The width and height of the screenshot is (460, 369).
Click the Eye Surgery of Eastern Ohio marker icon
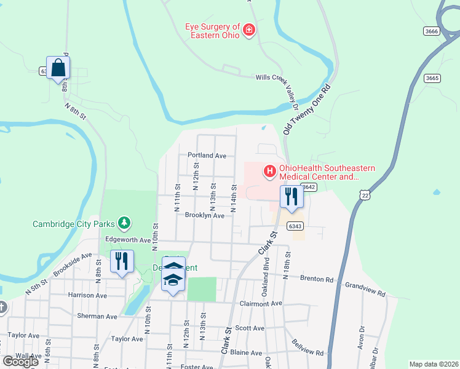pos(249,30)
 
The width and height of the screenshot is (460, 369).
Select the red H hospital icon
pos(269,171)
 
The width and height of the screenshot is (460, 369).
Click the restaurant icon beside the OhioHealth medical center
pos(291,197)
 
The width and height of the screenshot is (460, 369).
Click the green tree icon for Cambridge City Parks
pos(124,221)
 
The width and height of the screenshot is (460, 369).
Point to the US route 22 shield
pos(365,194)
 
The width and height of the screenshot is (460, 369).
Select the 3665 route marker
pos(432,77)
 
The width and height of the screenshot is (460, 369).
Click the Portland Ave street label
pos(207,156)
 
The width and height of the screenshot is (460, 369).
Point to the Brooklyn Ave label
pos(205,215)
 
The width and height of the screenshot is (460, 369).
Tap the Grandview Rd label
pos(365,285)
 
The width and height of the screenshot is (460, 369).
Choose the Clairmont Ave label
pos(260,303)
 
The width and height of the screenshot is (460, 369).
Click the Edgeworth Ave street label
pos(127,239)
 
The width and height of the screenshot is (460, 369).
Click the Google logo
pos(20,362)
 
